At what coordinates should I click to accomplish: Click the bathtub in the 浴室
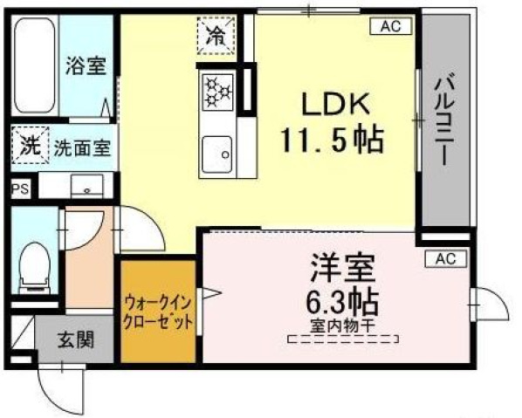tap(35, 65)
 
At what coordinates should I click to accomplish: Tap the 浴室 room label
tap(86, 66)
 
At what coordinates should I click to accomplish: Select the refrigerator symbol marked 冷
tap(216, 35)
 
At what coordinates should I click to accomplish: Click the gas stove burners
tap(218, 93)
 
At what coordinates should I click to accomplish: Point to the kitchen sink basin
tap(217, 154)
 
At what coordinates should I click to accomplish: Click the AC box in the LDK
tap(391, 26)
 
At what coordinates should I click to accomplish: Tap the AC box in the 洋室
tap(446, 258)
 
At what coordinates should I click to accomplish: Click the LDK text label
tap(335, 104)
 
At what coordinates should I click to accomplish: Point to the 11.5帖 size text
tap(333, 140)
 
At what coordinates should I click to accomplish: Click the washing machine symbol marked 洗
tap(31, 145)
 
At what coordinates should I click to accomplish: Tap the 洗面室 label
tap(82, 147)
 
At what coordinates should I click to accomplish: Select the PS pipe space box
tap(21, 189)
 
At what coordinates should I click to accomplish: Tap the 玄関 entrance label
tap(76, 339)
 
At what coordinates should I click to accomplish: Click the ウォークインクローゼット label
tap(158, 312)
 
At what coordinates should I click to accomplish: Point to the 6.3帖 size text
tap(342, 302)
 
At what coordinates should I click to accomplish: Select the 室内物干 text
tap(344, 326)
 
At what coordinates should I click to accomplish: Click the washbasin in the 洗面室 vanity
tap(87, 186)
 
